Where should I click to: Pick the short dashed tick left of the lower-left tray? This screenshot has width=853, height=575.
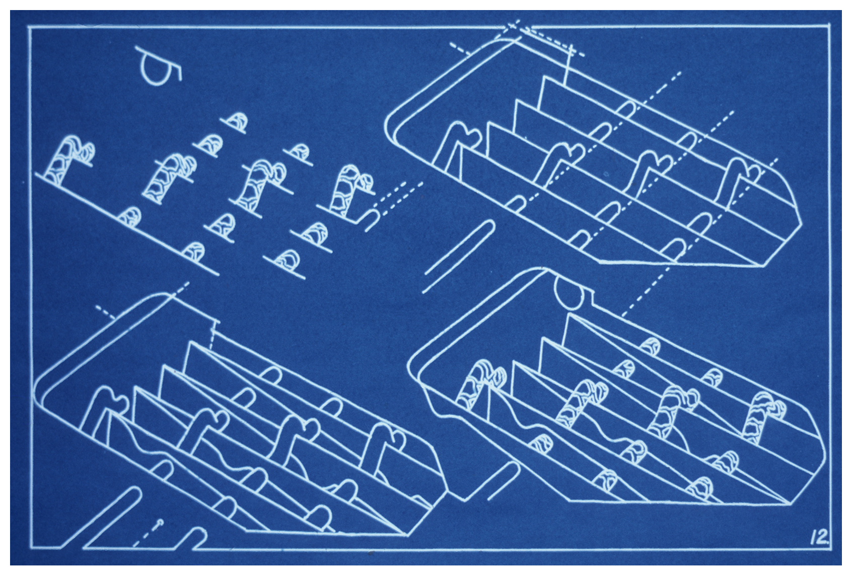(x=105, y=311)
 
